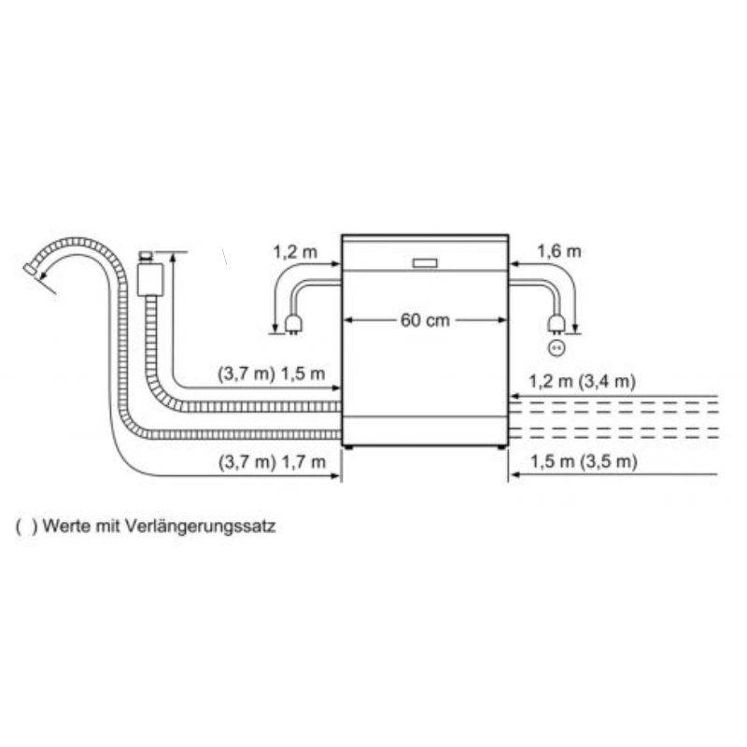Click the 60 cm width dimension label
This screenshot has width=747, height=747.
425,320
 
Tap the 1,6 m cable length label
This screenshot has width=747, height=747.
558,251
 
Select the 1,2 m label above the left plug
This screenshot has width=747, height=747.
295,251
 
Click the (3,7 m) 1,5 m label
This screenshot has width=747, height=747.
272,373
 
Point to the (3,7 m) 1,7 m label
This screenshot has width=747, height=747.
273,461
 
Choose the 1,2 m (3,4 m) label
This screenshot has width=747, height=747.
582,381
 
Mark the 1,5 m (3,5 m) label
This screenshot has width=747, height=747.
584,461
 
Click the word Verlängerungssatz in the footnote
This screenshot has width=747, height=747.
201,527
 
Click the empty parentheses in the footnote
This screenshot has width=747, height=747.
26,527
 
